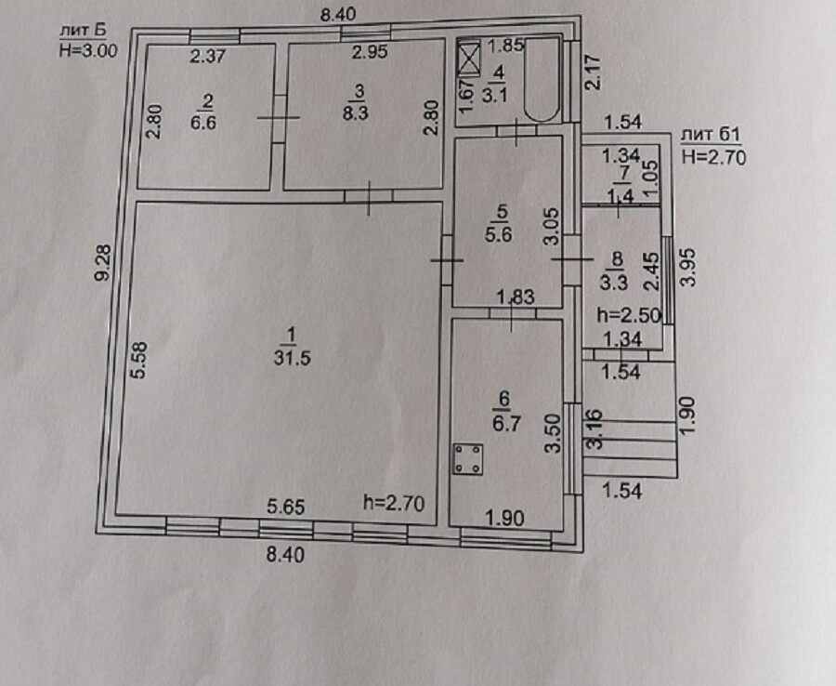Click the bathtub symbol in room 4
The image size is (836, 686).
pos(542,79)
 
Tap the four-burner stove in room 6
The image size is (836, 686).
pos(468,459)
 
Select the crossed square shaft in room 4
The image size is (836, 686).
pos(469,59)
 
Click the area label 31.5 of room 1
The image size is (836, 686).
pos(293,357)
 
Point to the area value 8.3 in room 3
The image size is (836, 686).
pos(356,113)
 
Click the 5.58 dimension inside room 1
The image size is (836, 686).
pos(139,360)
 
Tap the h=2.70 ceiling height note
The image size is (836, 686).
pos(394,503)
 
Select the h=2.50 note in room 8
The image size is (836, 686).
pos(629,315)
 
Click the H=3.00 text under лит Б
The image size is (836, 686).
pos(88,51)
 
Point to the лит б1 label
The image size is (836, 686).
pos(711,135)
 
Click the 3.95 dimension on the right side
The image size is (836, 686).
pos(689,268)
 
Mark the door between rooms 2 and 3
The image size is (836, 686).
pos(279,118)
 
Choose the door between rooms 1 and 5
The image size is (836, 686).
pos(447,260)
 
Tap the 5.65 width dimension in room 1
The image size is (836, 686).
pos(286,507)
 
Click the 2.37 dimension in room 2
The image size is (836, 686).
pos(208,56)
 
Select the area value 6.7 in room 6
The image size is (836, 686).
pos(506,424)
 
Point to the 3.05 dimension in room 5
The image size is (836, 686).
pos(552,226)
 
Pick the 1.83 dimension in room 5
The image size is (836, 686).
pos(515,297)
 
